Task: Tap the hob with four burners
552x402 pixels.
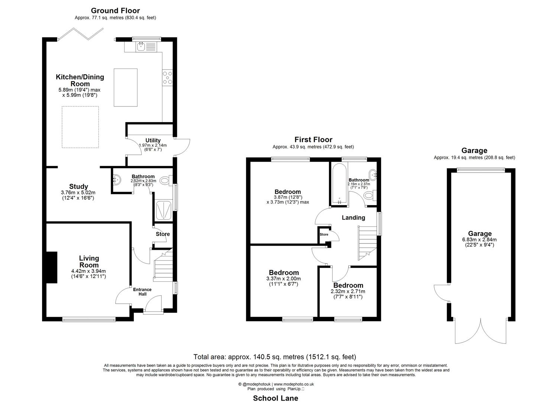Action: [167, 77]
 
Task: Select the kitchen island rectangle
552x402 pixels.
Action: [125, 87]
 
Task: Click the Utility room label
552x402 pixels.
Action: [153, 140]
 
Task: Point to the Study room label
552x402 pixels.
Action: [78, 186]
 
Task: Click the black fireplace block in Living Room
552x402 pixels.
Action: [51, 268]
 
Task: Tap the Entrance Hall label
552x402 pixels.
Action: [142, 291]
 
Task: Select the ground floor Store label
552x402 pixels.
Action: [163, 234]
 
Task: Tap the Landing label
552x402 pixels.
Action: [353, 218]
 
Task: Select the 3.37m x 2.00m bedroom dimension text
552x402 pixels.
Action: [284, 279]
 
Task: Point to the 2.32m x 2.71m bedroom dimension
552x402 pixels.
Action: [348, 291]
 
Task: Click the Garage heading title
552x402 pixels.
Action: [474, 151]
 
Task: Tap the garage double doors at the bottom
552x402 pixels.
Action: [480, 331]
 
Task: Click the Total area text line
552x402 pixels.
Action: [275, 357]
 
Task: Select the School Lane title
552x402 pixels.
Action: [275, 398]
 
